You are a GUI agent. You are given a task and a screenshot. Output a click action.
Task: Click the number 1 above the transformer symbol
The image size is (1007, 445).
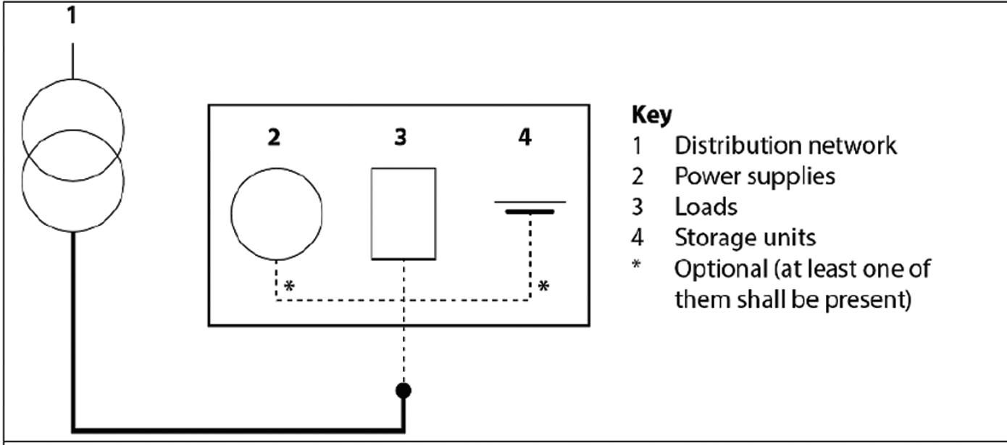[x=72, y=15]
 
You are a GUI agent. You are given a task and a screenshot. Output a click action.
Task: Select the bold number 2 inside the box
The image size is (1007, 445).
[x=273, y=137]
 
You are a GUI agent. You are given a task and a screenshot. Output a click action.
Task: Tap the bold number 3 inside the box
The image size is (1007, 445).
[x=401, y=137]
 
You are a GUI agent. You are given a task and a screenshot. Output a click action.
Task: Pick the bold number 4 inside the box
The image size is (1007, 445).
[x=525, y=137]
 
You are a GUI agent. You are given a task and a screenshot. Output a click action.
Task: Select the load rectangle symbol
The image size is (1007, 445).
[x=404, y=213]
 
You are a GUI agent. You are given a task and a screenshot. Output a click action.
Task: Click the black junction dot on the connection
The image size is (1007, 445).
[x=404, y=391]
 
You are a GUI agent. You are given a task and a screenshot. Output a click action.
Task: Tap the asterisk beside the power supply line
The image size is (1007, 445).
[x=289, y=287]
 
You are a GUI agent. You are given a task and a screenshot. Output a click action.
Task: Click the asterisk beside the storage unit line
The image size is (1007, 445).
[x=543, y=287]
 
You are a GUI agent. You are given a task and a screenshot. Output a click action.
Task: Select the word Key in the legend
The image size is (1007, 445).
[x=652, y=115]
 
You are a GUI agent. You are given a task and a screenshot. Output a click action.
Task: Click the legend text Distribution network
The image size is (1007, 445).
[x=785, y=146]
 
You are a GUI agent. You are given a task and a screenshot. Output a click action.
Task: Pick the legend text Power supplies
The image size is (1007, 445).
[x=754, y=176]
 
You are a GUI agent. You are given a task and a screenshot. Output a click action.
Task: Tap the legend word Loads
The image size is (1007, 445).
[x=706, y=207]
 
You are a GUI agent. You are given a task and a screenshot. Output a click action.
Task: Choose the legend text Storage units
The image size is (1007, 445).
[x=745, y=238]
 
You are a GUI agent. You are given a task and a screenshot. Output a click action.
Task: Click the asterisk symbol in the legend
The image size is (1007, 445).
[x=636, y=264]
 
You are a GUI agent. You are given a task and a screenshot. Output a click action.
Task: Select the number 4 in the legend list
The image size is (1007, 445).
[x=637, y=238]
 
